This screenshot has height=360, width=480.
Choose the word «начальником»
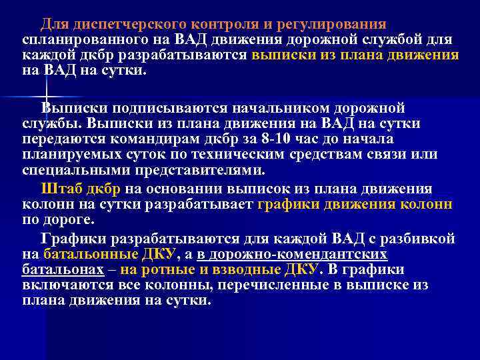tap(271, 108)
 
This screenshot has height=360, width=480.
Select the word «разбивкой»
tap(414, 239)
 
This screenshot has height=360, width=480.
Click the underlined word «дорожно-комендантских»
tap(293, 254)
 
